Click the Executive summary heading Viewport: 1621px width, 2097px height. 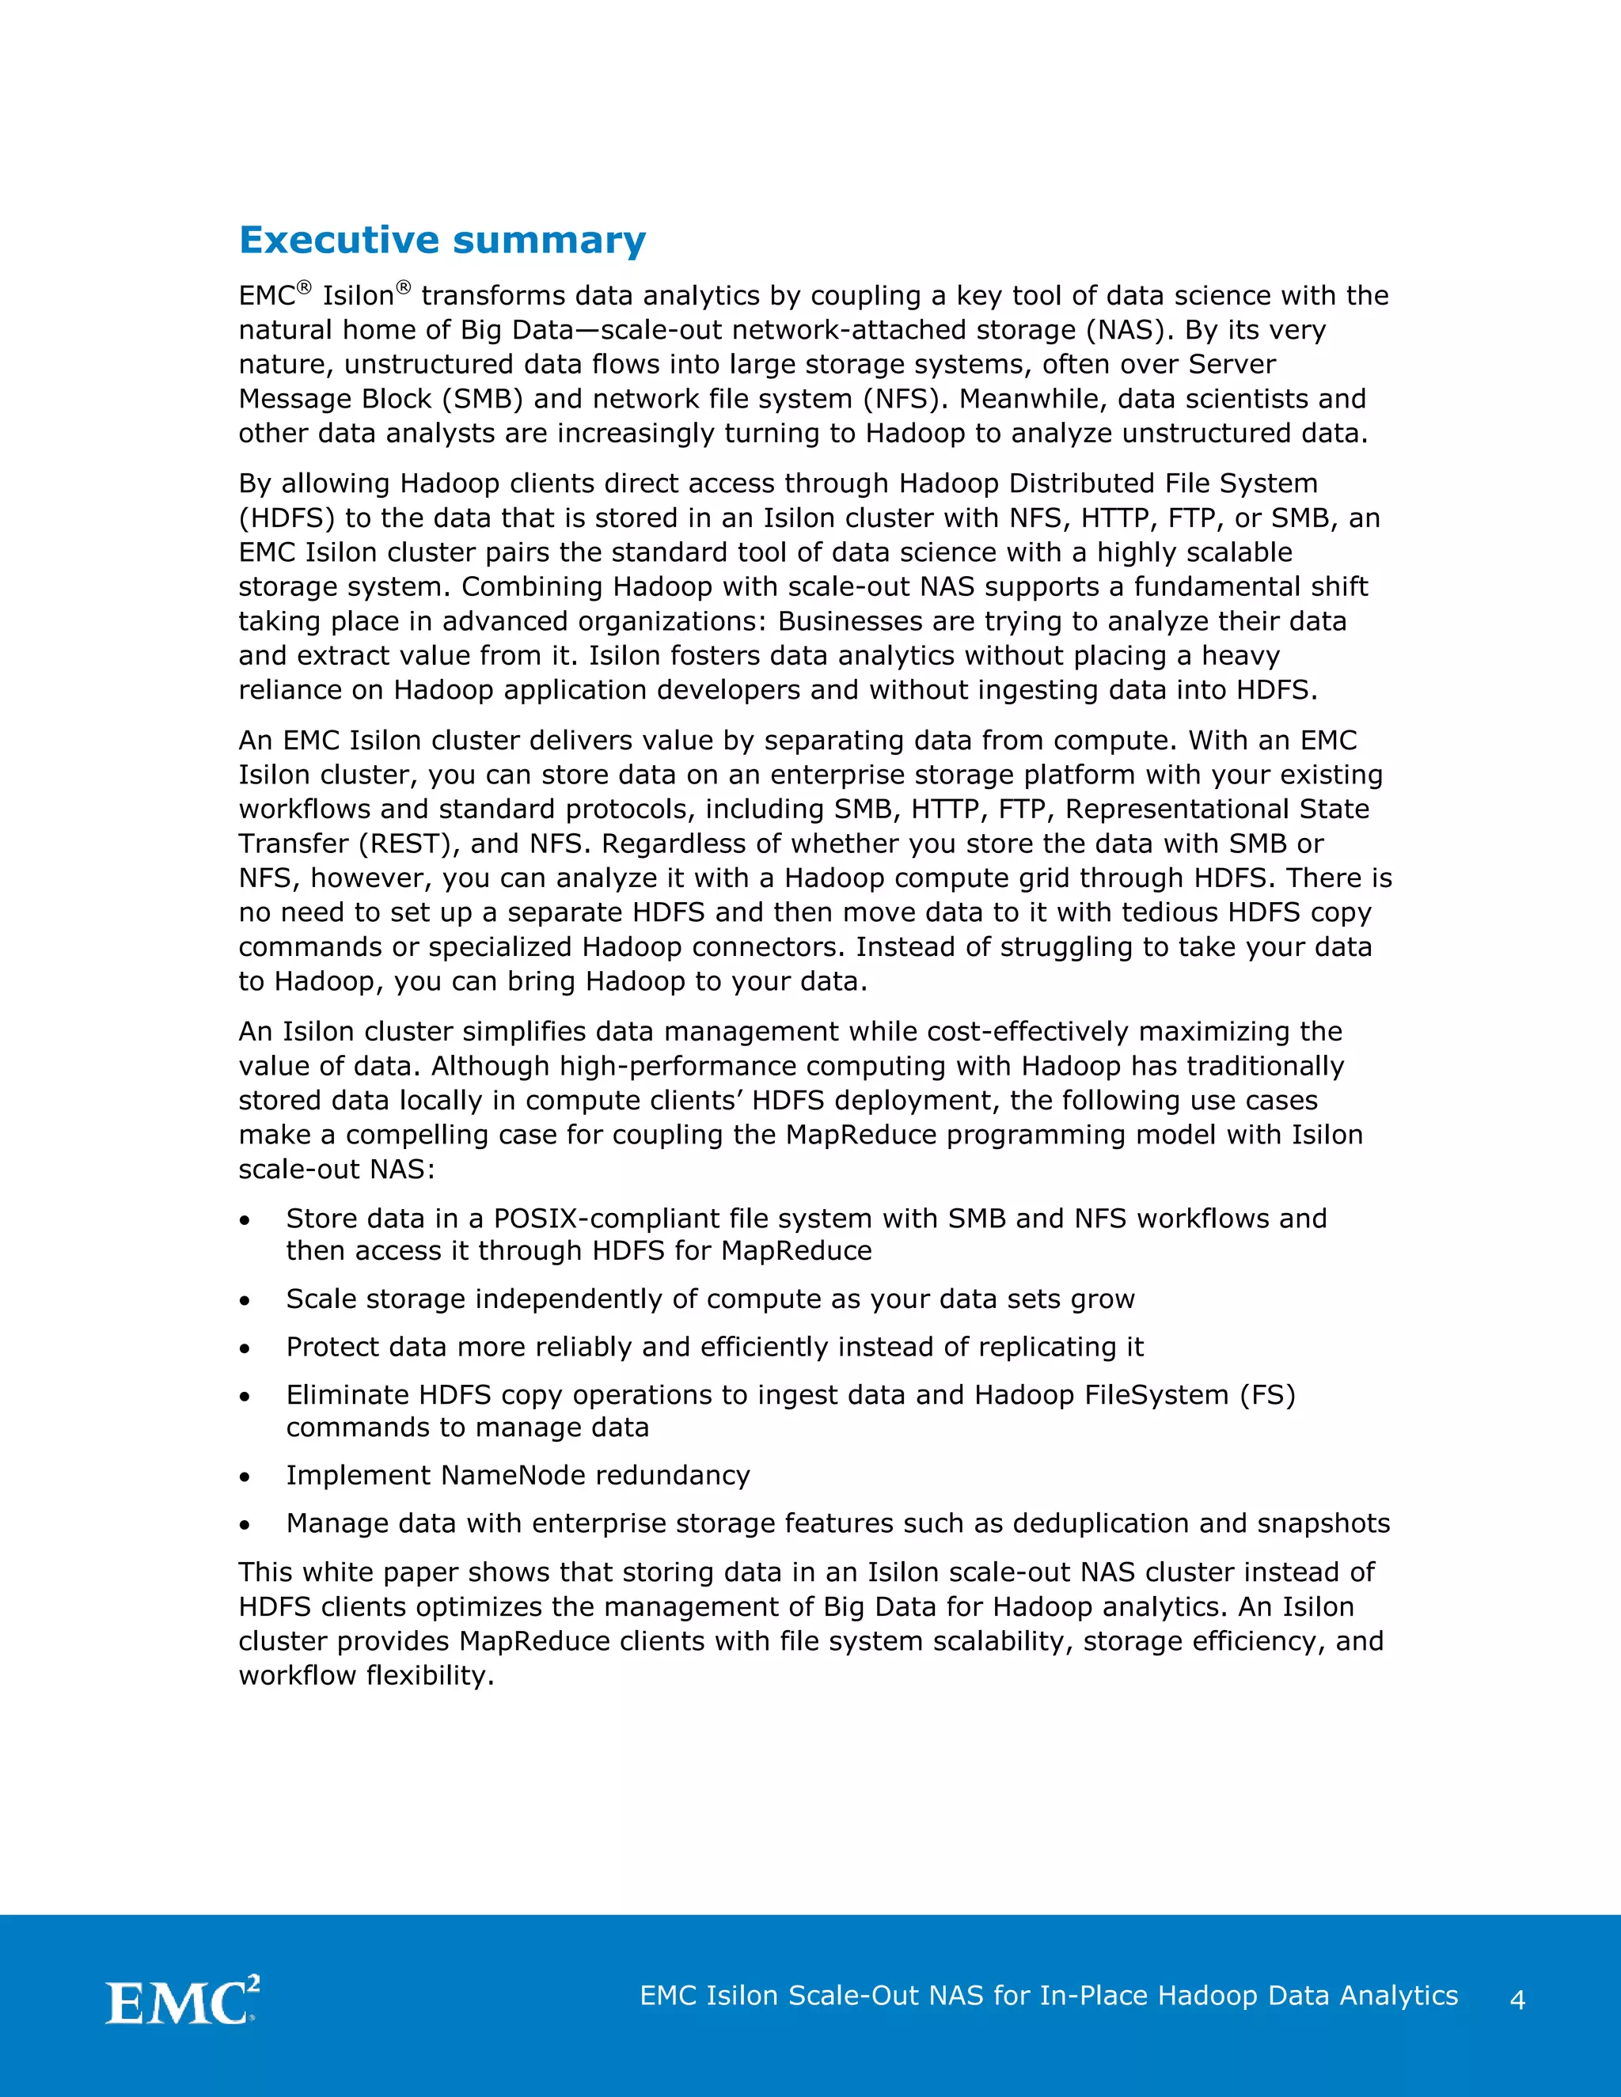[442, 240]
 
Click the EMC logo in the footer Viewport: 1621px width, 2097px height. [183, 2001]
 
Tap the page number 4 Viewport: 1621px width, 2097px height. [1517, 2000]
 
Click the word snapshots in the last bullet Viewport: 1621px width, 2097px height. [1323, 1524]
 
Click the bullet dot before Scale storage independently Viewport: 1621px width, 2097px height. [246, 1301]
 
